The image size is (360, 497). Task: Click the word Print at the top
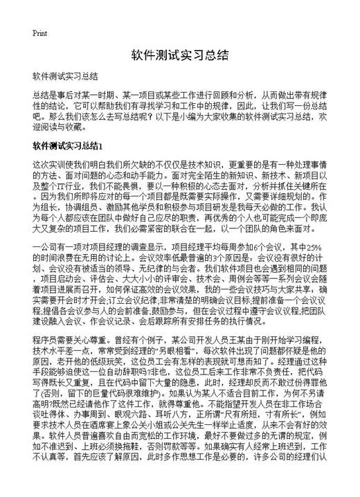(x=39, y=33)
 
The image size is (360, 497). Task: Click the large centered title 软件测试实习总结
(x=179, y=55)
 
